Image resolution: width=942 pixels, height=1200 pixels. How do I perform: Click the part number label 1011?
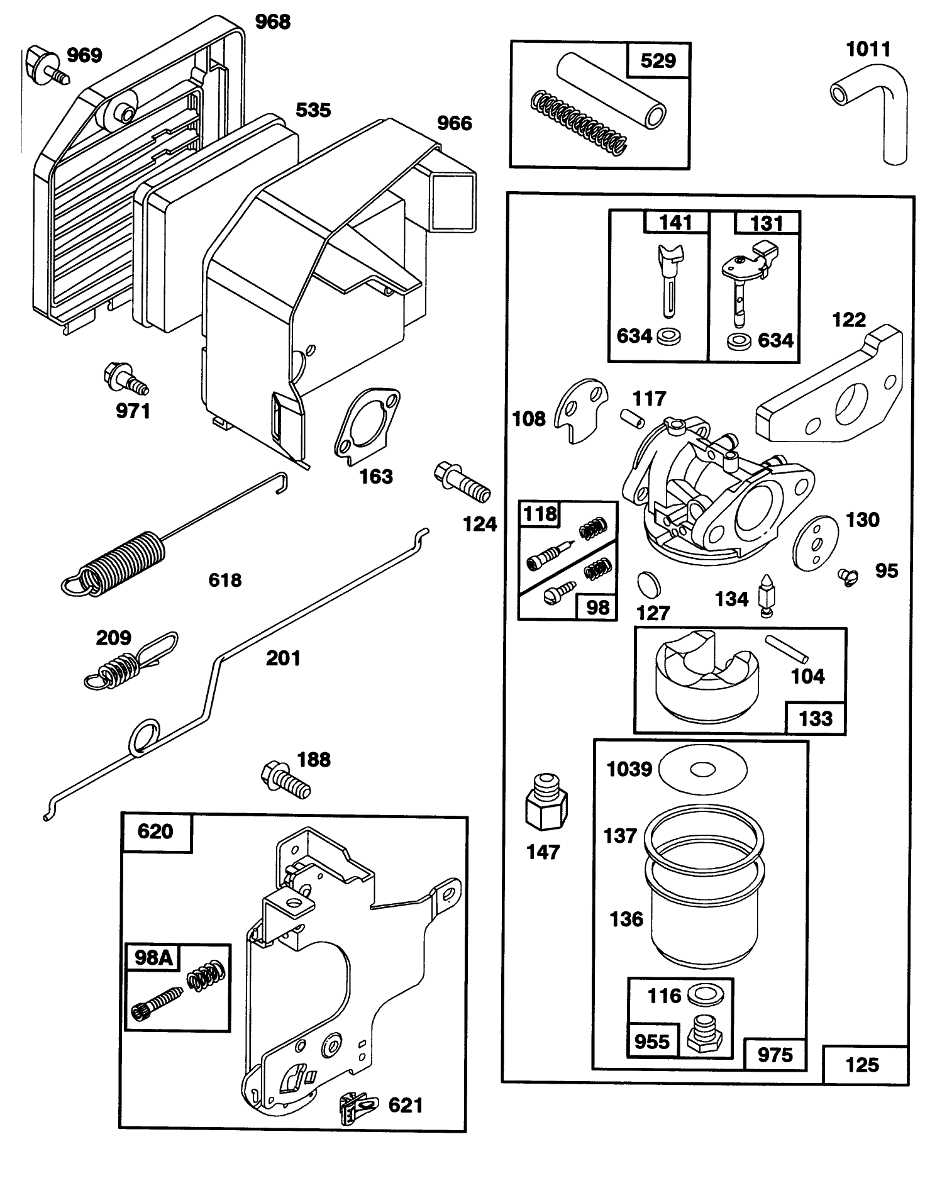(868, 49)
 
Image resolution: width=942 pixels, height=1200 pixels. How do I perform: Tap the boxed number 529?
(658, 61)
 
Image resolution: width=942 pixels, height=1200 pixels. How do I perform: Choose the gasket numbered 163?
(367, 428)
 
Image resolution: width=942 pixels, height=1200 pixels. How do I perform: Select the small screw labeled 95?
(848, 575)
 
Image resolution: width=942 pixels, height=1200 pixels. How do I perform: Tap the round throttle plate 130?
(816, 542)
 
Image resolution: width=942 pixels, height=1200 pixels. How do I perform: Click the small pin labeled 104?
(787, 648)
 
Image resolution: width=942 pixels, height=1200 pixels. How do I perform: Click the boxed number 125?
(862, 1064)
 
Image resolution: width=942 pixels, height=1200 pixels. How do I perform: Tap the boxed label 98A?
(153, 957)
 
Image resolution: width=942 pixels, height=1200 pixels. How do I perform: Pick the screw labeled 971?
(125, 379)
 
